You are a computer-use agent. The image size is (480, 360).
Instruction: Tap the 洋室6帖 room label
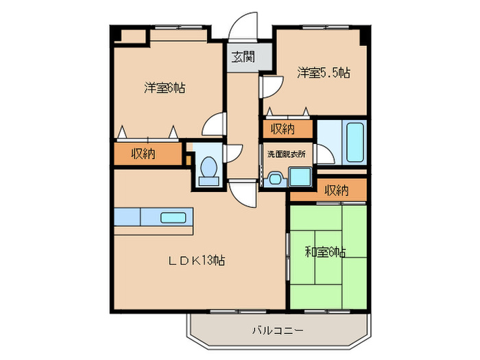point(165,88)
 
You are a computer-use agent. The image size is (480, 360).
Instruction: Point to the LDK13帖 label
point(198,260)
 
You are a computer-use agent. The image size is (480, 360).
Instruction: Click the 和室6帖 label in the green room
point(325,252)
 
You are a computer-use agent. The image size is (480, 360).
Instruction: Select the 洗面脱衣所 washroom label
point(287,154)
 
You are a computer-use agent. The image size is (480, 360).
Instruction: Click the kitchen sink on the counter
point(171,218)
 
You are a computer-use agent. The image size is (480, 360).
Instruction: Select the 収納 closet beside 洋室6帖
point(143,154)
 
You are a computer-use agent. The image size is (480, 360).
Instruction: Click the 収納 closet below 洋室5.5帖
point(282,128)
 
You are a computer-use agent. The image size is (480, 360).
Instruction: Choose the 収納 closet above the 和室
point(335,190)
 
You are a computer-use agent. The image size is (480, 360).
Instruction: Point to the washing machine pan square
point(300,176)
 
